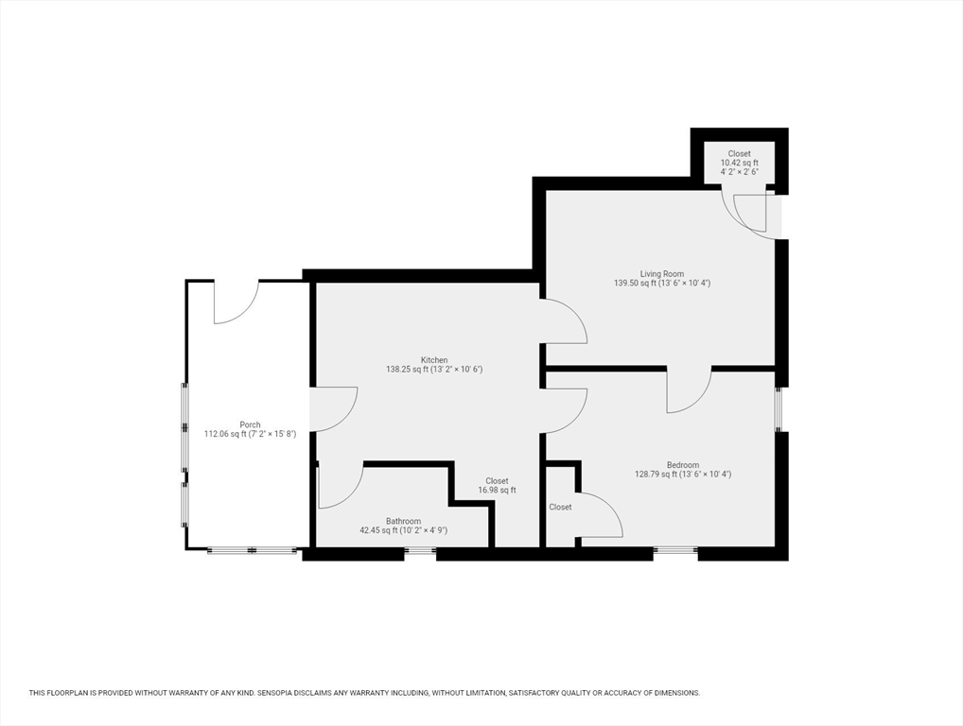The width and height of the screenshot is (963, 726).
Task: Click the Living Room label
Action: [662, 274]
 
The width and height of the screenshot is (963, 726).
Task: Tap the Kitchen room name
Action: [434, 359]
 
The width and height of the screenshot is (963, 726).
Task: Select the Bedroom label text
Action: [683, 465]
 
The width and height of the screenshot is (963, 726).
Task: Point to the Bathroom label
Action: [404, 521]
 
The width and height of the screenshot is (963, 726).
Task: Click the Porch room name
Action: [250, 424]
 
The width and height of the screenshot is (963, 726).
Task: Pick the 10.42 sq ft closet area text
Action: [740, 163]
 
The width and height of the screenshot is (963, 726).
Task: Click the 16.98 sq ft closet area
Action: [498, 491]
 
